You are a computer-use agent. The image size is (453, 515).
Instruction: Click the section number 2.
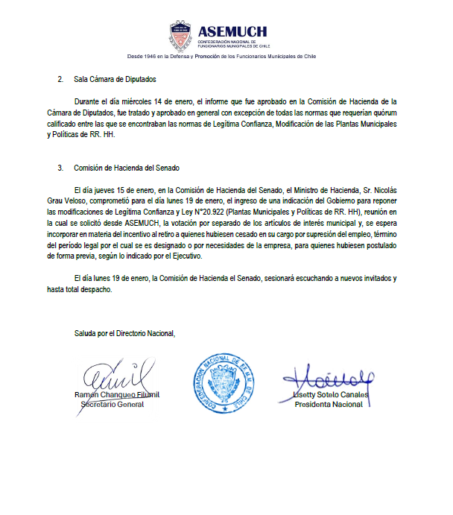(60, 78)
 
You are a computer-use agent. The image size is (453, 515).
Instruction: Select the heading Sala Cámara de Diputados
(115, 78)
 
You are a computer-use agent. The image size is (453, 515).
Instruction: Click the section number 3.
(60, 168)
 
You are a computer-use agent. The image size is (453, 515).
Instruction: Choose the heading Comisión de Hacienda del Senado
(127, 168)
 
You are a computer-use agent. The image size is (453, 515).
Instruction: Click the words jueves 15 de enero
(122, 190)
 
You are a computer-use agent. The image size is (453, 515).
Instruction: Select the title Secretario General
(112, 404)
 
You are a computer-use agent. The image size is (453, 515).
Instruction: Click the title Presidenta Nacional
(329, 404)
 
